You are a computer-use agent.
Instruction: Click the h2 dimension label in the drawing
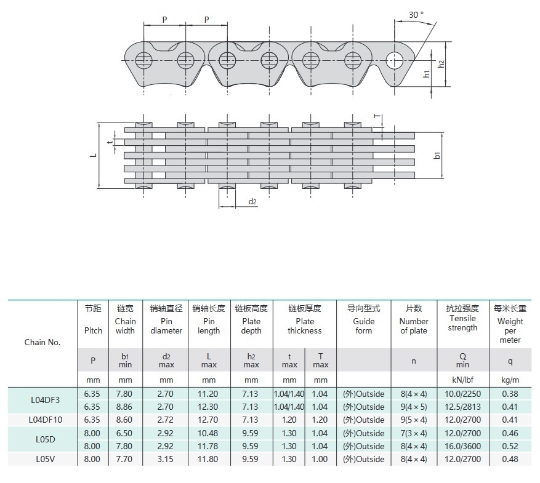click(x=441, y=64)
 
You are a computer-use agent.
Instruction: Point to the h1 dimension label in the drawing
click(x=427, y=74)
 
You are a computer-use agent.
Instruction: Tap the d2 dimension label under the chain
click(x=252, y=202)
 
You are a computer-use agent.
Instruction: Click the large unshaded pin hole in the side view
click(x=393, y=60)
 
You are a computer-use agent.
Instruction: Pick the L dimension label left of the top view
click(x=92, y=155)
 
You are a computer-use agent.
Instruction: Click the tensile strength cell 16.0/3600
click(x=462, y=447)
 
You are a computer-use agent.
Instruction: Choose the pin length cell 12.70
click(x=209, y=420)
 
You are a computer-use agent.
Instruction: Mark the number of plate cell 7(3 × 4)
click(x=414, y=433)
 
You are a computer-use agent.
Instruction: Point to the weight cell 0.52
click(x=510, y=447)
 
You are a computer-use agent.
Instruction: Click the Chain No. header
click(x=42, y=342)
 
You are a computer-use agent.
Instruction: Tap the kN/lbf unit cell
click(x=462, y=380)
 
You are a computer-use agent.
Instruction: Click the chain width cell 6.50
click(x=125, y=433)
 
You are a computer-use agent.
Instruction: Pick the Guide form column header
click(x=363, y=321)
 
